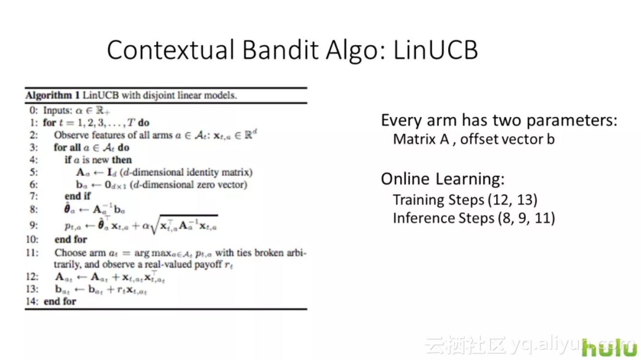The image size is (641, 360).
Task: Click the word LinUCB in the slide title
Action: click(435, 50)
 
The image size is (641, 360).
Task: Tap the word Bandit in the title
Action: click(280, 50)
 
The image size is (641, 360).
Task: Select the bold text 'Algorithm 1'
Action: click(53, 95)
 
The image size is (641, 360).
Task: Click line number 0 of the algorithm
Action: click(33, 110)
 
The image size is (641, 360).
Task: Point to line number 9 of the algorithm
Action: click(34, 225)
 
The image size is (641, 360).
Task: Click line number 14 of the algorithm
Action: click(32, 302)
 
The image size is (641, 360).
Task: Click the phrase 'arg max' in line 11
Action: click(153, 253)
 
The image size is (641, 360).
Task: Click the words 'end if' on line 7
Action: click(78, 197)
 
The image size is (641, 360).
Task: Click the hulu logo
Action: click(609, 347)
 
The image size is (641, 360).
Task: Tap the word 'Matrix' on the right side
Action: click(415, 139)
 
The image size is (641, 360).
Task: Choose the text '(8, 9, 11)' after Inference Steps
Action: click(526, 218)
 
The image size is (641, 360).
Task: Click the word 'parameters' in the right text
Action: click(572, 121)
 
